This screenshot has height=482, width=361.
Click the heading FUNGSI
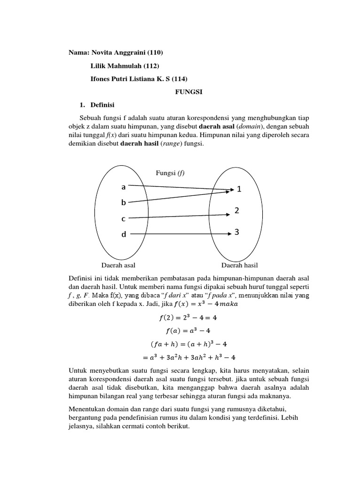coord(188,92)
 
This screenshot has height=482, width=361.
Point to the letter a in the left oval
coord(124,187)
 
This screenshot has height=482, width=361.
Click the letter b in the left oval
coord(124,203)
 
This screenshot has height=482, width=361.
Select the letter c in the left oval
coord(124,219)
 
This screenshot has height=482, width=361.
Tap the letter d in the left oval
coord(124,234)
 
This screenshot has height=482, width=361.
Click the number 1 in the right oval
coord(239,189)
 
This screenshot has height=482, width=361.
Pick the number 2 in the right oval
coord(237,211)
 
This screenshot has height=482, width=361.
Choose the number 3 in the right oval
coord(238,232)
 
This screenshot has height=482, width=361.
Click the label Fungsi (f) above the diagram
coord(170,173)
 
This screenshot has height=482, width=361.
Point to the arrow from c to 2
coord(179,217)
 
